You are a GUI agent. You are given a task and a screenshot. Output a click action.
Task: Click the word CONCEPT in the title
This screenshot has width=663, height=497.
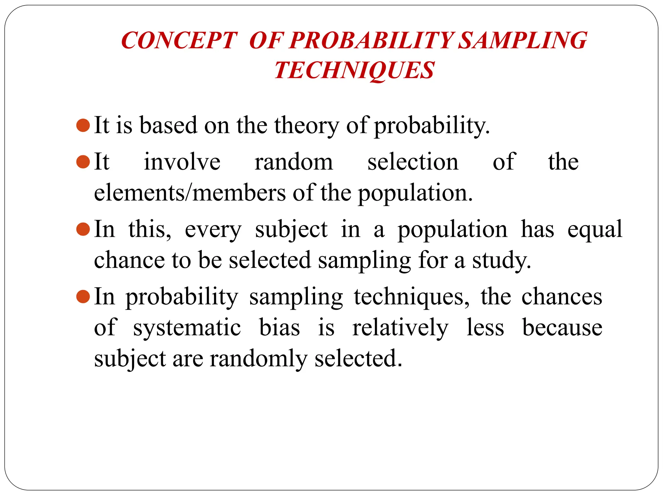[x=179, y=40]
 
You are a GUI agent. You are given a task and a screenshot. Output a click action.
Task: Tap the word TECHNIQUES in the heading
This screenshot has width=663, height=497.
[x=354, y=70]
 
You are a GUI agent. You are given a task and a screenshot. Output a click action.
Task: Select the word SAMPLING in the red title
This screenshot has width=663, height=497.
[x=523, y=40]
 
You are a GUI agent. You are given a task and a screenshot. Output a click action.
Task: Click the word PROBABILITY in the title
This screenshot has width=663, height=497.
[x=371, y=40]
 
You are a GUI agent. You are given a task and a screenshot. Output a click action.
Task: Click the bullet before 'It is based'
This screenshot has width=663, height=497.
[x=83, y=125]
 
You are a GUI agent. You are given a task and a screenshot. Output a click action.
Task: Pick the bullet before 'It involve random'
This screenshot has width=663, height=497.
[x=83, y=162]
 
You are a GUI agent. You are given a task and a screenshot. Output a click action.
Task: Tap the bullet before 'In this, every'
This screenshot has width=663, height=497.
[x=83, y=229]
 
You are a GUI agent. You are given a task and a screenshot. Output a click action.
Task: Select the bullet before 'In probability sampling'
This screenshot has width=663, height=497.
[x=83, y=297]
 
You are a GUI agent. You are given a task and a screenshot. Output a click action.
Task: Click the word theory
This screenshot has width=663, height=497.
[x=306, y=126]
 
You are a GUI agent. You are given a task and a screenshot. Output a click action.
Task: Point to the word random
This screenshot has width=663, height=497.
[x=294, y=162]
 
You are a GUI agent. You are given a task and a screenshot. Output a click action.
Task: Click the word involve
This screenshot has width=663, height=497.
[x=182, y=162]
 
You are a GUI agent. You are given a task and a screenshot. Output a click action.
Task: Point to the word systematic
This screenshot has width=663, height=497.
[x=187, y=328]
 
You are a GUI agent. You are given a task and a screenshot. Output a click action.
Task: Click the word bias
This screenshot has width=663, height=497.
[x=279, y=327]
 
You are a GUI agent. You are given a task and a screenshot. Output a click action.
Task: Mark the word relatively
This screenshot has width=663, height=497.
[x=400, y=328]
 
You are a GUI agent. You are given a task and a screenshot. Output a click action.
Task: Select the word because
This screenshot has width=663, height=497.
[x=562, y=327]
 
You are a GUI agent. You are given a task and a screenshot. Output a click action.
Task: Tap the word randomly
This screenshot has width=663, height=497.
[x=258, y=359]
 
